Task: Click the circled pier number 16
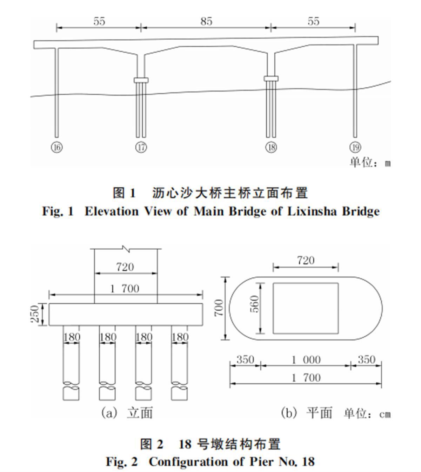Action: click(56, 147)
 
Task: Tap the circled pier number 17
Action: click(141, 147)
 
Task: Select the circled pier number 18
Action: click(271, 147)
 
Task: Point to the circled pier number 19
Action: click(355, 147)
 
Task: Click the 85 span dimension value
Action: click(206, 21)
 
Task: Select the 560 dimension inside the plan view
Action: click(255, 304)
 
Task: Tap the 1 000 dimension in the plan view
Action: click(306, 360)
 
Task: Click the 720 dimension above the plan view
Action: click(306, 261)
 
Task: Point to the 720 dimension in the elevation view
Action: click(125, 267)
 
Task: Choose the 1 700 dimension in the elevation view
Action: click(125, 289)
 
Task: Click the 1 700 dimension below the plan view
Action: click(306, 378)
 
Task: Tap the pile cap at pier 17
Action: click(141, 80)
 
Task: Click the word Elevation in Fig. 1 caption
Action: click(112, 211)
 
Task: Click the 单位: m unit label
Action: click(370, 163)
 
